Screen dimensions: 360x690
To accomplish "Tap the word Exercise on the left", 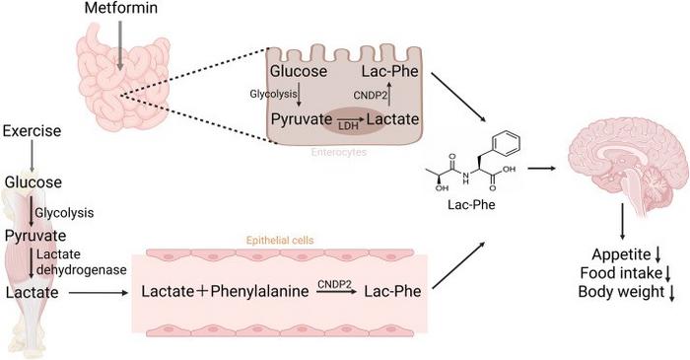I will tap(34, 131).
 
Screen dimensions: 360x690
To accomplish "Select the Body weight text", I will tap(622, 293).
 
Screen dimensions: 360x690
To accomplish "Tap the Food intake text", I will tap(621, 273).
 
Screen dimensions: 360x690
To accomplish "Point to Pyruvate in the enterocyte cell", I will tap(302, 117).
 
